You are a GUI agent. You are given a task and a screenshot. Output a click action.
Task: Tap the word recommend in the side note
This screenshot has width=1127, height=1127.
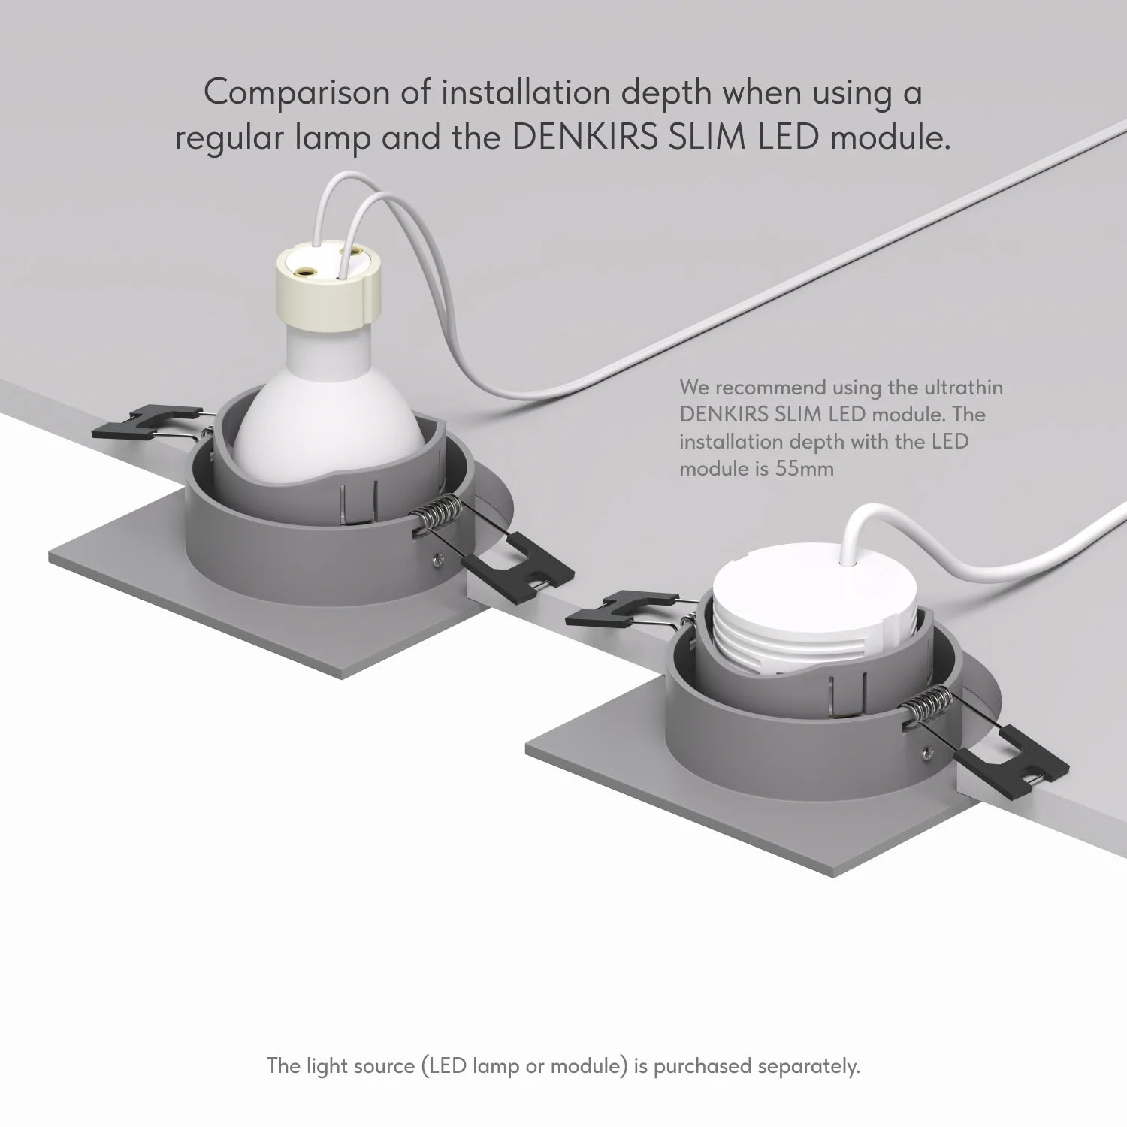(x=769, y=388)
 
